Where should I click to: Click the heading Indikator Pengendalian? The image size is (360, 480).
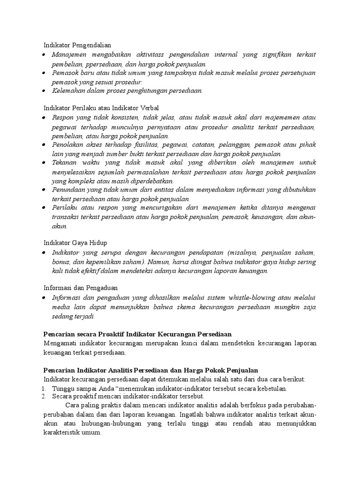[x=77, y=45]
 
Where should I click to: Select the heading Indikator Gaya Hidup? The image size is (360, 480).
[x=75, y=242]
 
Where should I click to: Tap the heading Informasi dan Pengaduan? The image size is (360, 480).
[x=80, y=287]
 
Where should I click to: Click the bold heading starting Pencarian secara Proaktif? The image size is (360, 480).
[x=137, y=334]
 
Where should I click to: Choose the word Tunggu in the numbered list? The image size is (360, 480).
[x=62, y=389]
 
